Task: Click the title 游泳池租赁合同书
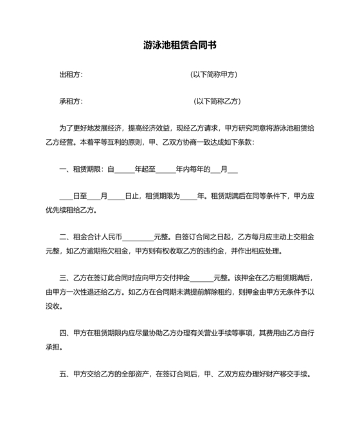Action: pos(179,46)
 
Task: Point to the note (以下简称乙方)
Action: pos(218,102)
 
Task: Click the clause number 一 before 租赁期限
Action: pos(62,170)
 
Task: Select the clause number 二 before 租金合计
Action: pos(62,237)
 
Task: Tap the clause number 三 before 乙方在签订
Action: pos(62,278)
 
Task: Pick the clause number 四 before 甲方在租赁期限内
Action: pos(62,333)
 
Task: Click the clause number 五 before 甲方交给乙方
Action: pos(62,374)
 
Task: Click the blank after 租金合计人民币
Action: pos(138,237)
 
